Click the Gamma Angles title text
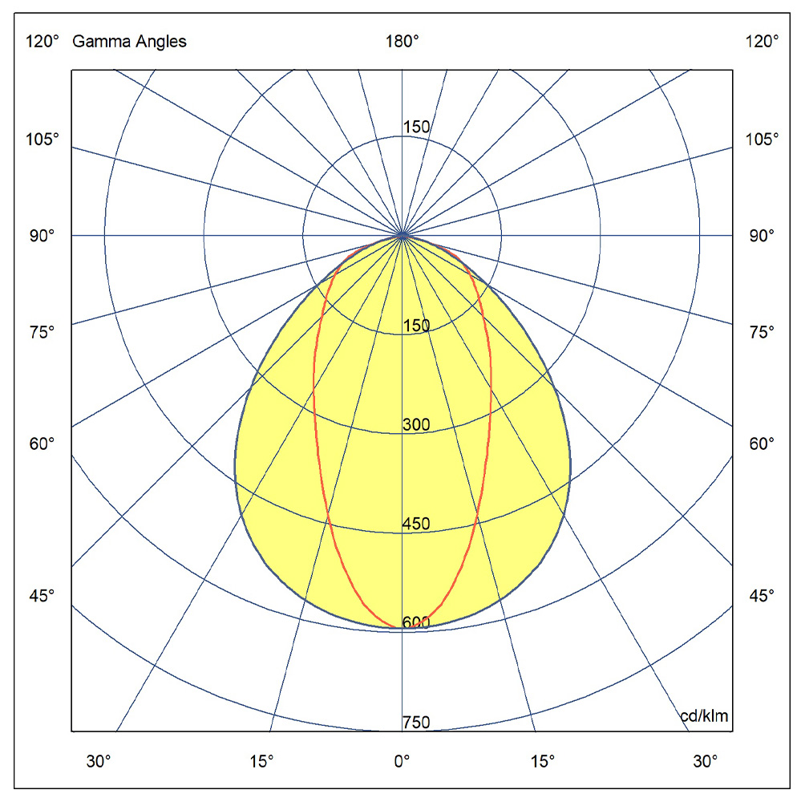pyautogui.click(x=129, y=42)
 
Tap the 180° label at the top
pyautogui.click(x=402, y=41)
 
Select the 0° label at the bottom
pyautogui.click(x=402, y=762)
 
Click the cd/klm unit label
pyautogui.click(x=704, y=715)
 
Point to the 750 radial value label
pyautogui.click(x=416, y=723)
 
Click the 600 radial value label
pyautogui.click(x=416, y=622)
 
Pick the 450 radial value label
pyautogui.click(x=416, y=523)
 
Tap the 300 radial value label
pyautogui.click(x=416, y=424)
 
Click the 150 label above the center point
pyautogui.click(x=416, y=127)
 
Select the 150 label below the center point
pyautogui.click(x=416, y=326)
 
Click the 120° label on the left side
pyautogui.click(x=42, y=41)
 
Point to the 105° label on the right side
pyautogui.click(x=762, y=139)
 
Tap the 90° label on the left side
pyautogui.click(x=42, y=236)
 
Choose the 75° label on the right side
pyautogui.click(x=762, y=333)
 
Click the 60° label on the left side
pyautogui.click(x=42, y=444)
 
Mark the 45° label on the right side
pyautogui.click(x=762, y=595)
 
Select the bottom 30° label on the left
pyautogui.click(x=98, y=762)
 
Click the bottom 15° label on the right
pyautogui.click(x=542, y=762)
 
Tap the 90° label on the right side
pyautogui.click(x=762, y=236)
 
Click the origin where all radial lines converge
pyautogui.click(x=403, y=235)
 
